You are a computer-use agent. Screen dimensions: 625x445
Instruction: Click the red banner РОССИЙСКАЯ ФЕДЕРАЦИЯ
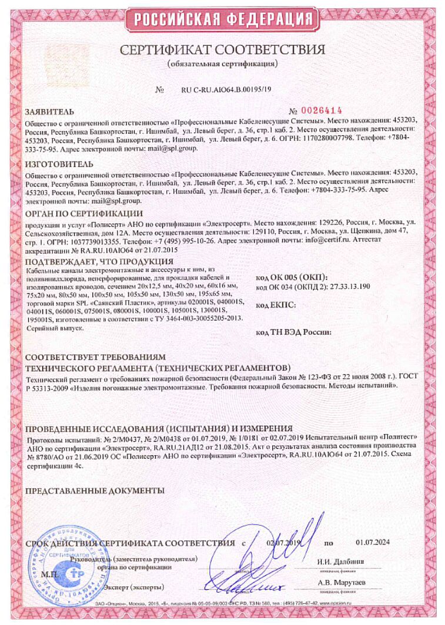tap(222, 19)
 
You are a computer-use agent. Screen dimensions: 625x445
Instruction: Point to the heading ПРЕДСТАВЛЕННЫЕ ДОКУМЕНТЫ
tap(95, 490)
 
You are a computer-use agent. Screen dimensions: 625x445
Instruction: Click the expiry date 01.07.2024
tap(372, 542)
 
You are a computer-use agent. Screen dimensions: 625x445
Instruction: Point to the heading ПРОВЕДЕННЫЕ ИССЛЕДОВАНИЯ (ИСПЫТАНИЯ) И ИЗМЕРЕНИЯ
tap(159, 429)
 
